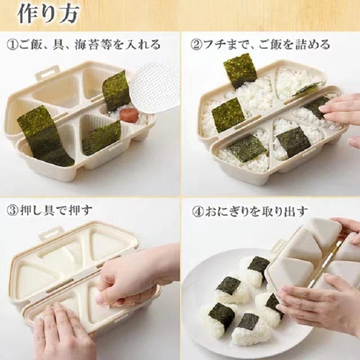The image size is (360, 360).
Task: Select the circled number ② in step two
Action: tap(197, 45)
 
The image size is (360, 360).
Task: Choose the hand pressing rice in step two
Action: tap(342, 110)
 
